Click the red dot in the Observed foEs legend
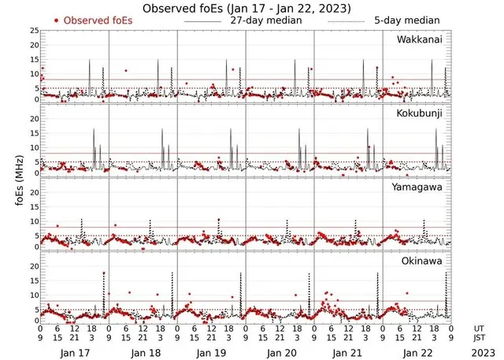(56, 20)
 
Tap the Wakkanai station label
(423, 38)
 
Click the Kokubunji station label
(423, 114)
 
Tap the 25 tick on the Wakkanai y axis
(33, 30)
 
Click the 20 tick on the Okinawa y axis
(33, 266)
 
